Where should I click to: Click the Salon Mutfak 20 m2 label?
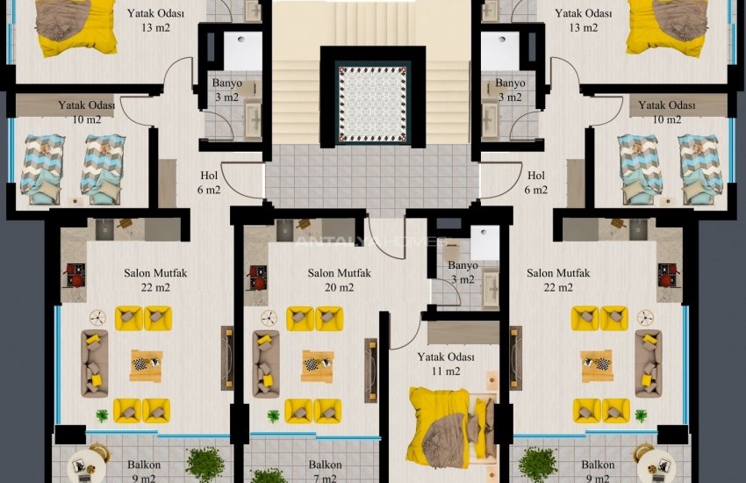(339, 280)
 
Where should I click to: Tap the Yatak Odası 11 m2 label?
(446, 364)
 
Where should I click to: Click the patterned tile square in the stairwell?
(374, 102)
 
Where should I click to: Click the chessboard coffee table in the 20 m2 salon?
(317, 365)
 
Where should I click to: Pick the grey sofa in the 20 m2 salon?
(265, 364)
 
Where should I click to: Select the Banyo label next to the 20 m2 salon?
(463, 272)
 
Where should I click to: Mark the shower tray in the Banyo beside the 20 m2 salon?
(484, 243)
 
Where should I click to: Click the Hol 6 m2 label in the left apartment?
(210, 183)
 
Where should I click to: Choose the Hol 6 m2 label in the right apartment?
(536, 183)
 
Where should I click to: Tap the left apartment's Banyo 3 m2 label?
(226, 90)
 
